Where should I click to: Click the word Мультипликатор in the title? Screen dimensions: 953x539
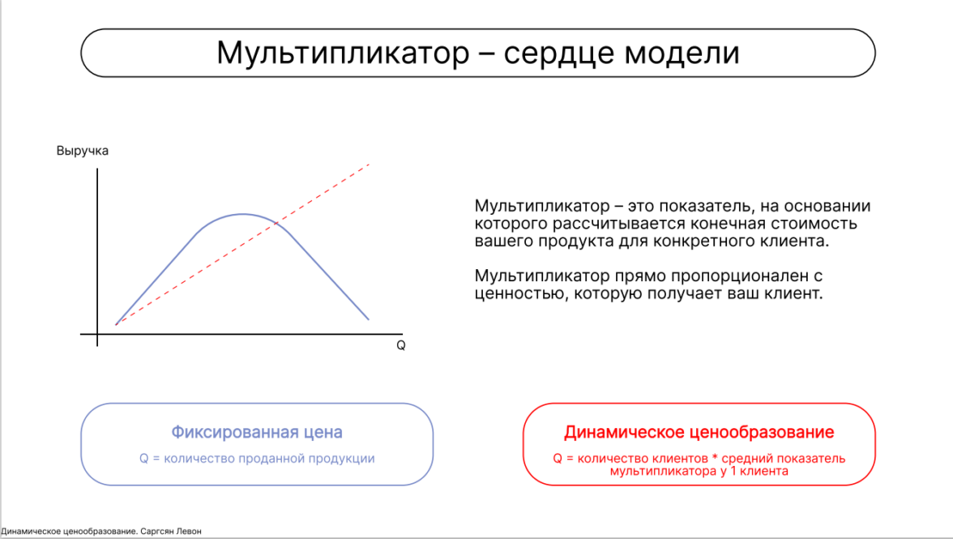pyautogui.click(x=344, y=53)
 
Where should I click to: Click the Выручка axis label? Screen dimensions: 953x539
pyautogui.click(x=83, y=151)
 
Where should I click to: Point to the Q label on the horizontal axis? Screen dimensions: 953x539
pyautogui.click(x=400, y=345)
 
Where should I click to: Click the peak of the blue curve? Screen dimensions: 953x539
pyautogui.click(x=243, y=214)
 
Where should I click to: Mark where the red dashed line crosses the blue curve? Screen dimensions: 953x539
pyautogui.click(x=276, y=224)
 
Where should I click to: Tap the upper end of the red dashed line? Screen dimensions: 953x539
pyautogui.click(x=369, y=164)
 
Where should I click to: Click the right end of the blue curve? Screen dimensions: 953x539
pyautogui.click(x=368, y=319)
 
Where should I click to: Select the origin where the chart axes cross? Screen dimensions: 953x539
pyautogui.click(x=97, y=334)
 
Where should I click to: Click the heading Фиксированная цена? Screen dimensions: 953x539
pyautogui.click(x=256, y=432)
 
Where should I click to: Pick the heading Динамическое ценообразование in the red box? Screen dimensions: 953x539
pyautogui.click(x=699, y=432)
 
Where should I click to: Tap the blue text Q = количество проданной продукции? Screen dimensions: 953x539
pyautogui.click(x=257, y=458)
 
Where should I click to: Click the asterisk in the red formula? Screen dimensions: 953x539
pyautogui.click(x=715, y=458)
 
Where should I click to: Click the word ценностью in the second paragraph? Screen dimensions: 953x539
pyautogui.click(x=522, y=293)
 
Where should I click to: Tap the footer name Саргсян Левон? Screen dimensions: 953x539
pyautogui.click(x=171, y=531)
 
